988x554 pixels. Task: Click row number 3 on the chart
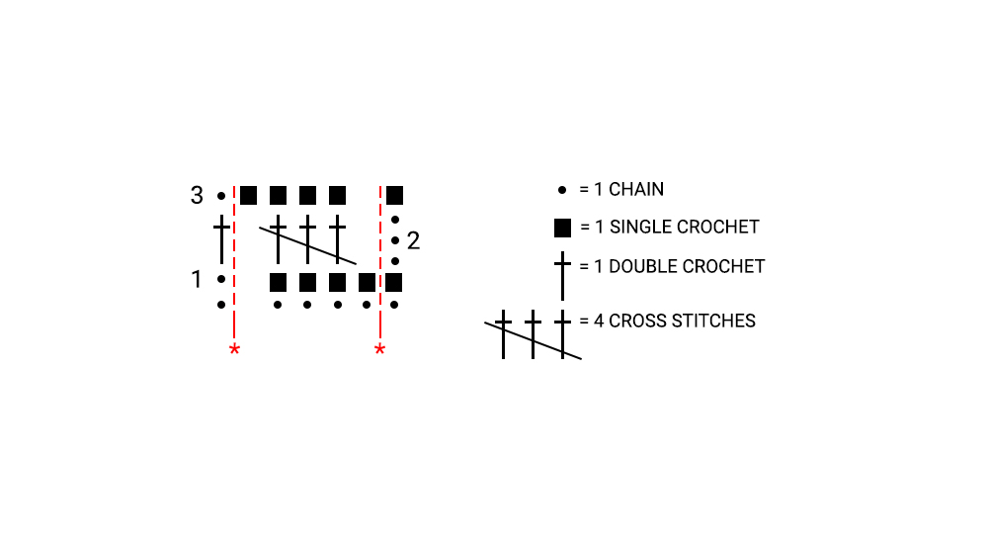click(x=197, y=196)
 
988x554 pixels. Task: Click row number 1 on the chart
click(x=197, y=280)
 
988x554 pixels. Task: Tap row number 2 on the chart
click(x=413, y=240)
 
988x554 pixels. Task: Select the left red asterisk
click(x=234, y=349)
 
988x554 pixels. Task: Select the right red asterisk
click(x=379, y=349)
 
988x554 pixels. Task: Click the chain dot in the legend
click(x=562, y=189)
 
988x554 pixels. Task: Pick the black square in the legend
click(x=562, y=229)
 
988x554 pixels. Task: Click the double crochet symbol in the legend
click(x=562, y=275)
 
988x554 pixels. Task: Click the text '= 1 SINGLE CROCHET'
click(x=669, y=228)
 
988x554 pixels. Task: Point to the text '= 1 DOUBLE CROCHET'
click(x=672, y=266)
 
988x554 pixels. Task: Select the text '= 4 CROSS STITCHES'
click(x=668, y=321)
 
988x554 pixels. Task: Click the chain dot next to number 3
click(x=221, y=196)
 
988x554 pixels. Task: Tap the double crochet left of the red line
click(x=221, y=240)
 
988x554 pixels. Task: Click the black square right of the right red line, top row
click(x=394, y=195)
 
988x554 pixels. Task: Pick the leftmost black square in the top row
click(x=248, y=195)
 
